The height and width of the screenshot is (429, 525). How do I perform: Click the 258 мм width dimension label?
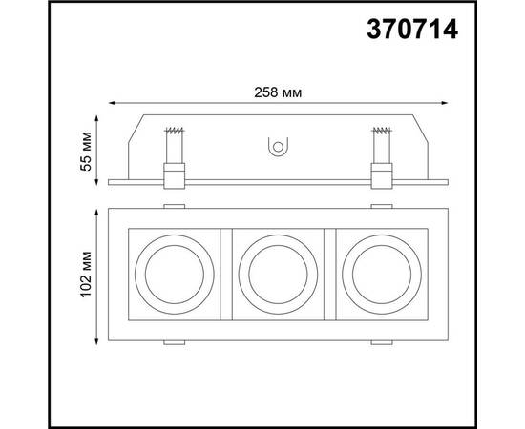pos(278,92)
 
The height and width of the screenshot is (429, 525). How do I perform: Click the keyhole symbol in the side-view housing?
pos(278,147)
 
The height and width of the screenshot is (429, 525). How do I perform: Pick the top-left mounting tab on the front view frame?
pos(175,205)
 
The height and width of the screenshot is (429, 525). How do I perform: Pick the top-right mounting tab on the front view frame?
pos(380,205)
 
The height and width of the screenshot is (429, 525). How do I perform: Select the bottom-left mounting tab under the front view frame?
pos(175,341)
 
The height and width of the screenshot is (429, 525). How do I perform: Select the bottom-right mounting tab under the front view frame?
pos(380,341)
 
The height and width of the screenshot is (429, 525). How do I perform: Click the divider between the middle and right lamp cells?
pos(330,273)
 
